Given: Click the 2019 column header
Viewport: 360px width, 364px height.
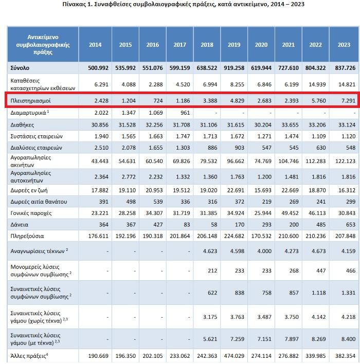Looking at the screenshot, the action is pyautogui.click(x=234, y=45).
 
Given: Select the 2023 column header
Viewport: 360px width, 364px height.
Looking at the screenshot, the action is pyautogui.click(x=344, y=45).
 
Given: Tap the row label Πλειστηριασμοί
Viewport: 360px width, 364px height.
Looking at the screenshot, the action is pyautogui.click(x=30, y=101).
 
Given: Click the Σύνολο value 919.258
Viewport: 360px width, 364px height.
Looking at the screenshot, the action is pyautogui.click(x=234, y=68).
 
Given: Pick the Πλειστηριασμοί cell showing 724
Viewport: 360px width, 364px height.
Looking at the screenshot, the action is pyautogui.click(x=158, y=101).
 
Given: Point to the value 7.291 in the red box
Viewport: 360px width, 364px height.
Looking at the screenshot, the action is pyautogui.click(x=348, y=101).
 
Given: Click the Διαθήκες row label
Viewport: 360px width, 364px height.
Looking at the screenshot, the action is pyautogui.click(x=22, y=125).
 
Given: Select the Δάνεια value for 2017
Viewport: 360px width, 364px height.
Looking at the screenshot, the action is pyautogui.click(x=187, y=225).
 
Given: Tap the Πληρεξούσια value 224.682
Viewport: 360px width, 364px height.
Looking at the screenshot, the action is pyautogui.click(x=234, y=236).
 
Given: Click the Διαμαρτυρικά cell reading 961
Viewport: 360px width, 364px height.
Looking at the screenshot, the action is pyautogui.click(x=185, y=113).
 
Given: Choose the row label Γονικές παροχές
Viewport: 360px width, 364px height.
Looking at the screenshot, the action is pyautogui.click(x=31, y=213).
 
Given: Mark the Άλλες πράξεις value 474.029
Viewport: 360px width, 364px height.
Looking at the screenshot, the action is pyautogui.click(x=234, y=356).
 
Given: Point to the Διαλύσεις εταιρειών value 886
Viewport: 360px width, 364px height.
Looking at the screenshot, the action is pyautogui.click(x=212, y=148).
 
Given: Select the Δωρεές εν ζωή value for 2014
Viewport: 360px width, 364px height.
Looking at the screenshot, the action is pyautogui.click(x=100, y=190).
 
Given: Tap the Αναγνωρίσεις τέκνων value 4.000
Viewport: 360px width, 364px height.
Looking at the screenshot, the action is pyautogui.click(x=264, y=251).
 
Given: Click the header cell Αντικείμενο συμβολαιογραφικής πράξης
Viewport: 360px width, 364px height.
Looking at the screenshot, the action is pyautogui.click(x=43, y=44).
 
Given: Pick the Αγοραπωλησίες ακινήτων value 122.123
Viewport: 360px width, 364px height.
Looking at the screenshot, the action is pyautogui.click(x=346, y=161).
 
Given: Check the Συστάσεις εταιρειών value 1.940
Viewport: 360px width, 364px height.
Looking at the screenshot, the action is pyautogui.click(x=101, y=136).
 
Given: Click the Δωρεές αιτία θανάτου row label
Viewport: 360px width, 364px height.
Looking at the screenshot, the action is pyautogui.click(x=39, y=202).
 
